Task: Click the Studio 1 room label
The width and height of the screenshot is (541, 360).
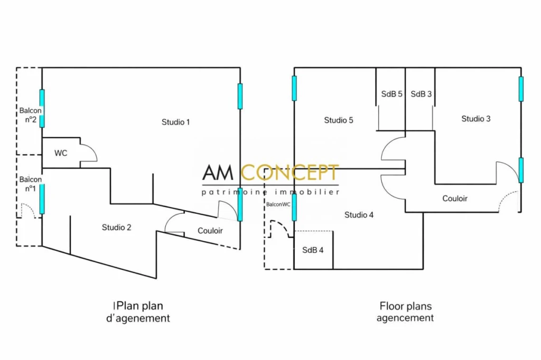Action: click(175, 122)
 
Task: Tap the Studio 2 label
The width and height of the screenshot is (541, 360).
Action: click(117, 228)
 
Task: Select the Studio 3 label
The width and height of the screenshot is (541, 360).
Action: click(476, 119)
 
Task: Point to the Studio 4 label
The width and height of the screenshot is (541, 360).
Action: click(359, 215)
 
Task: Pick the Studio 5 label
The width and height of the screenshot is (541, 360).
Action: click(339, 120)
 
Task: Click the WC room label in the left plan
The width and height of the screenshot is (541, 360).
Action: click(61, 153)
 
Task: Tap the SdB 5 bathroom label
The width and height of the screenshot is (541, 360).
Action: click(391, 94)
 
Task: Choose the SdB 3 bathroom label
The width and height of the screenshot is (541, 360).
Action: click(421, 94)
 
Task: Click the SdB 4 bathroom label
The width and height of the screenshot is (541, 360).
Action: click(313, 250)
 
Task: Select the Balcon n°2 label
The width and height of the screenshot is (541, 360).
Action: click(30, 115)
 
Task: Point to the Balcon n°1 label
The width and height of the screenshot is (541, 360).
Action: click(30, 184)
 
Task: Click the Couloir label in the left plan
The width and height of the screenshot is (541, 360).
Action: click(210, 231)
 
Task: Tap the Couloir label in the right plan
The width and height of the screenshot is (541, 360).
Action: click(455, 198)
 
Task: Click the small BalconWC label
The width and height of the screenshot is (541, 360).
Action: click(278, 204)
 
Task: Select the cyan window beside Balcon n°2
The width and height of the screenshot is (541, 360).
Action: click(42, 109)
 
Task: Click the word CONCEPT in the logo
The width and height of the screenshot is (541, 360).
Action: click(289, 173)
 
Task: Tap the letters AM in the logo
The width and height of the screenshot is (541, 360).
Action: click(218, 173)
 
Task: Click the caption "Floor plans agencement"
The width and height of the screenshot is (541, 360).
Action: click(405, 312)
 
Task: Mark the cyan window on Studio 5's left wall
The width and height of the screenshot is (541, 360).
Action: click(294, 88)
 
